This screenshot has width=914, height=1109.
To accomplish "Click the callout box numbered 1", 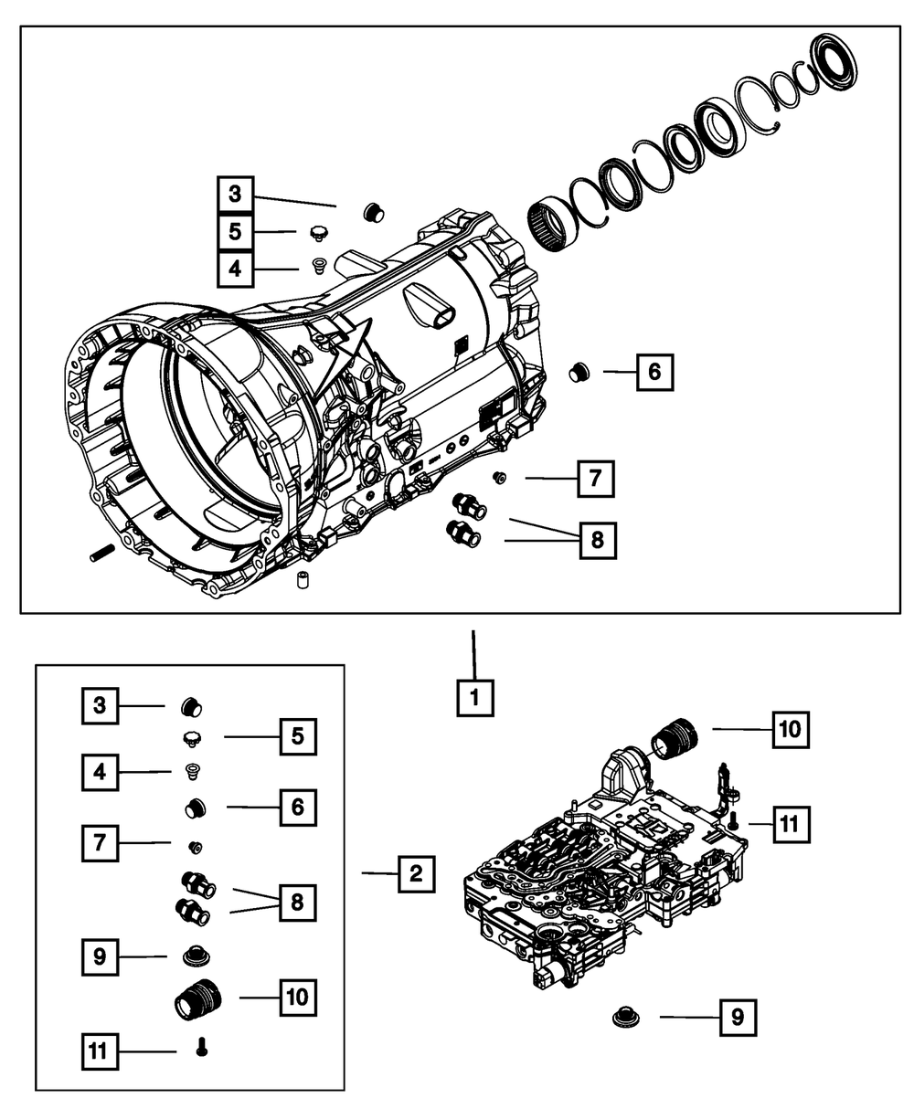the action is tap(475, 697).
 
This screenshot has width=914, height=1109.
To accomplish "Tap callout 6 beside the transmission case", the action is tap(654, 373).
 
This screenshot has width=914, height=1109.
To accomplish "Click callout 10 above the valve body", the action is tap(791, 730).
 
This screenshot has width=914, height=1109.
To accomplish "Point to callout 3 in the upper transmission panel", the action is tap(236, 195).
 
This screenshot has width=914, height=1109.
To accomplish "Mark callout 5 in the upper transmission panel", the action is tap(236, 232).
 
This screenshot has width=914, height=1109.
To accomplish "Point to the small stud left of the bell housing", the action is tap(100, 554).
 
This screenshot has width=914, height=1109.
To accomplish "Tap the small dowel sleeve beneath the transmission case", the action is tap(303, 579).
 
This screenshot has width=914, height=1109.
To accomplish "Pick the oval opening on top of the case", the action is tap(442, 319).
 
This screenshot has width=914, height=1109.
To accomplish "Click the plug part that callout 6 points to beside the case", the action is tap(579, 372).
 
